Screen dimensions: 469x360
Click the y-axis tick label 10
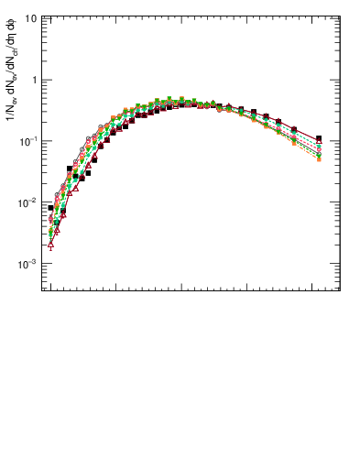30,18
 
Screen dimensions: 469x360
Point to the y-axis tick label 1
34,80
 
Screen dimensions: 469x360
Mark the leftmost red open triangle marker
51,245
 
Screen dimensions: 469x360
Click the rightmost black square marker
319,138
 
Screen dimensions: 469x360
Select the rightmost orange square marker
319,159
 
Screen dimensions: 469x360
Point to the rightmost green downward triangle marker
319,155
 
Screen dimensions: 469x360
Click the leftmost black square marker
51,208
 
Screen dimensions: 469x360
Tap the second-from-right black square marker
293,129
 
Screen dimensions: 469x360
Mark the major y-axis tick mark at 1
44,80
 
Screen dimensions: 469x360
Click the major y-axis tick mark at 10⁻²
44,202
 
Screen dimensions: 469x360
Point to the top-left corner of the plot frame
40,16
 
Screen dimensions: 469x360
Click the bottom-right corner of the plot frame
340,291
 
